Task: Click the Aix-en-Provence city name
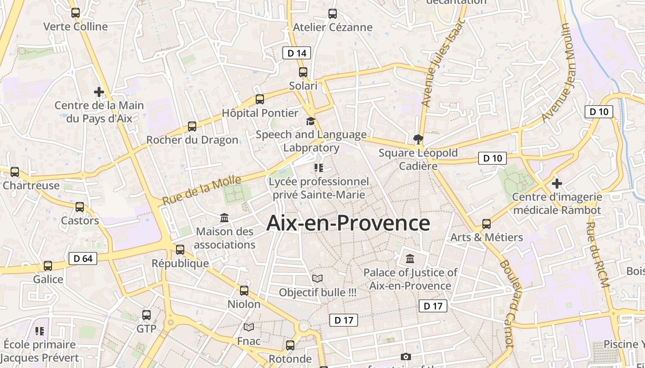tap(348, 223)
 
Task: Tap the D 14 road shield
tap(297, 53)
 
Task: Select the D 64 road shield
tap(83, 259)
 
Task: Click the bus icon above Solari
tap(303, 72)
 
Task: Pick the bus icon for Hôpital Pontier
tap(260, 99)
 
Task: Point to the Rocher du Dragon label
tap(192, 140)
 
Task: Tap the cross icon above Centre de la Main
tap(99, 92)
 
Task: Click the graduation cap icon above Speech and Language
tap(311, 121)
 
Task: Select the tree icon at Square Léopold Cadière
tap(418, 138)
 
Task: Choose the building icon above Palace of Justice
tap(410, 259)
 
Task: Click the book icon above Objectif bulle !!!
tap(317, 278)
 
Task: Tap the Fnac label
tap(249, 341)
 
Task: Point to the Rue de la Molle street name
tap(202, 190)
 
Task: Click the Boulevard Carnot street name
tap(512, 304)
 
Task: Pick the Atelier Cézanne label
tap(333, 27)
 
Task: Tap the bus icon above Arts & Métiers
tap(487, 224)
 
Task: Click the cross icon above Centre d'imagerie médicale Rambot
tap(557, 184)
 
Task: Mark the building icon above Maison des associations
tap(224, 218)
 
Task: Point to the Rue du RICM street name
tap(598, 255)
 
